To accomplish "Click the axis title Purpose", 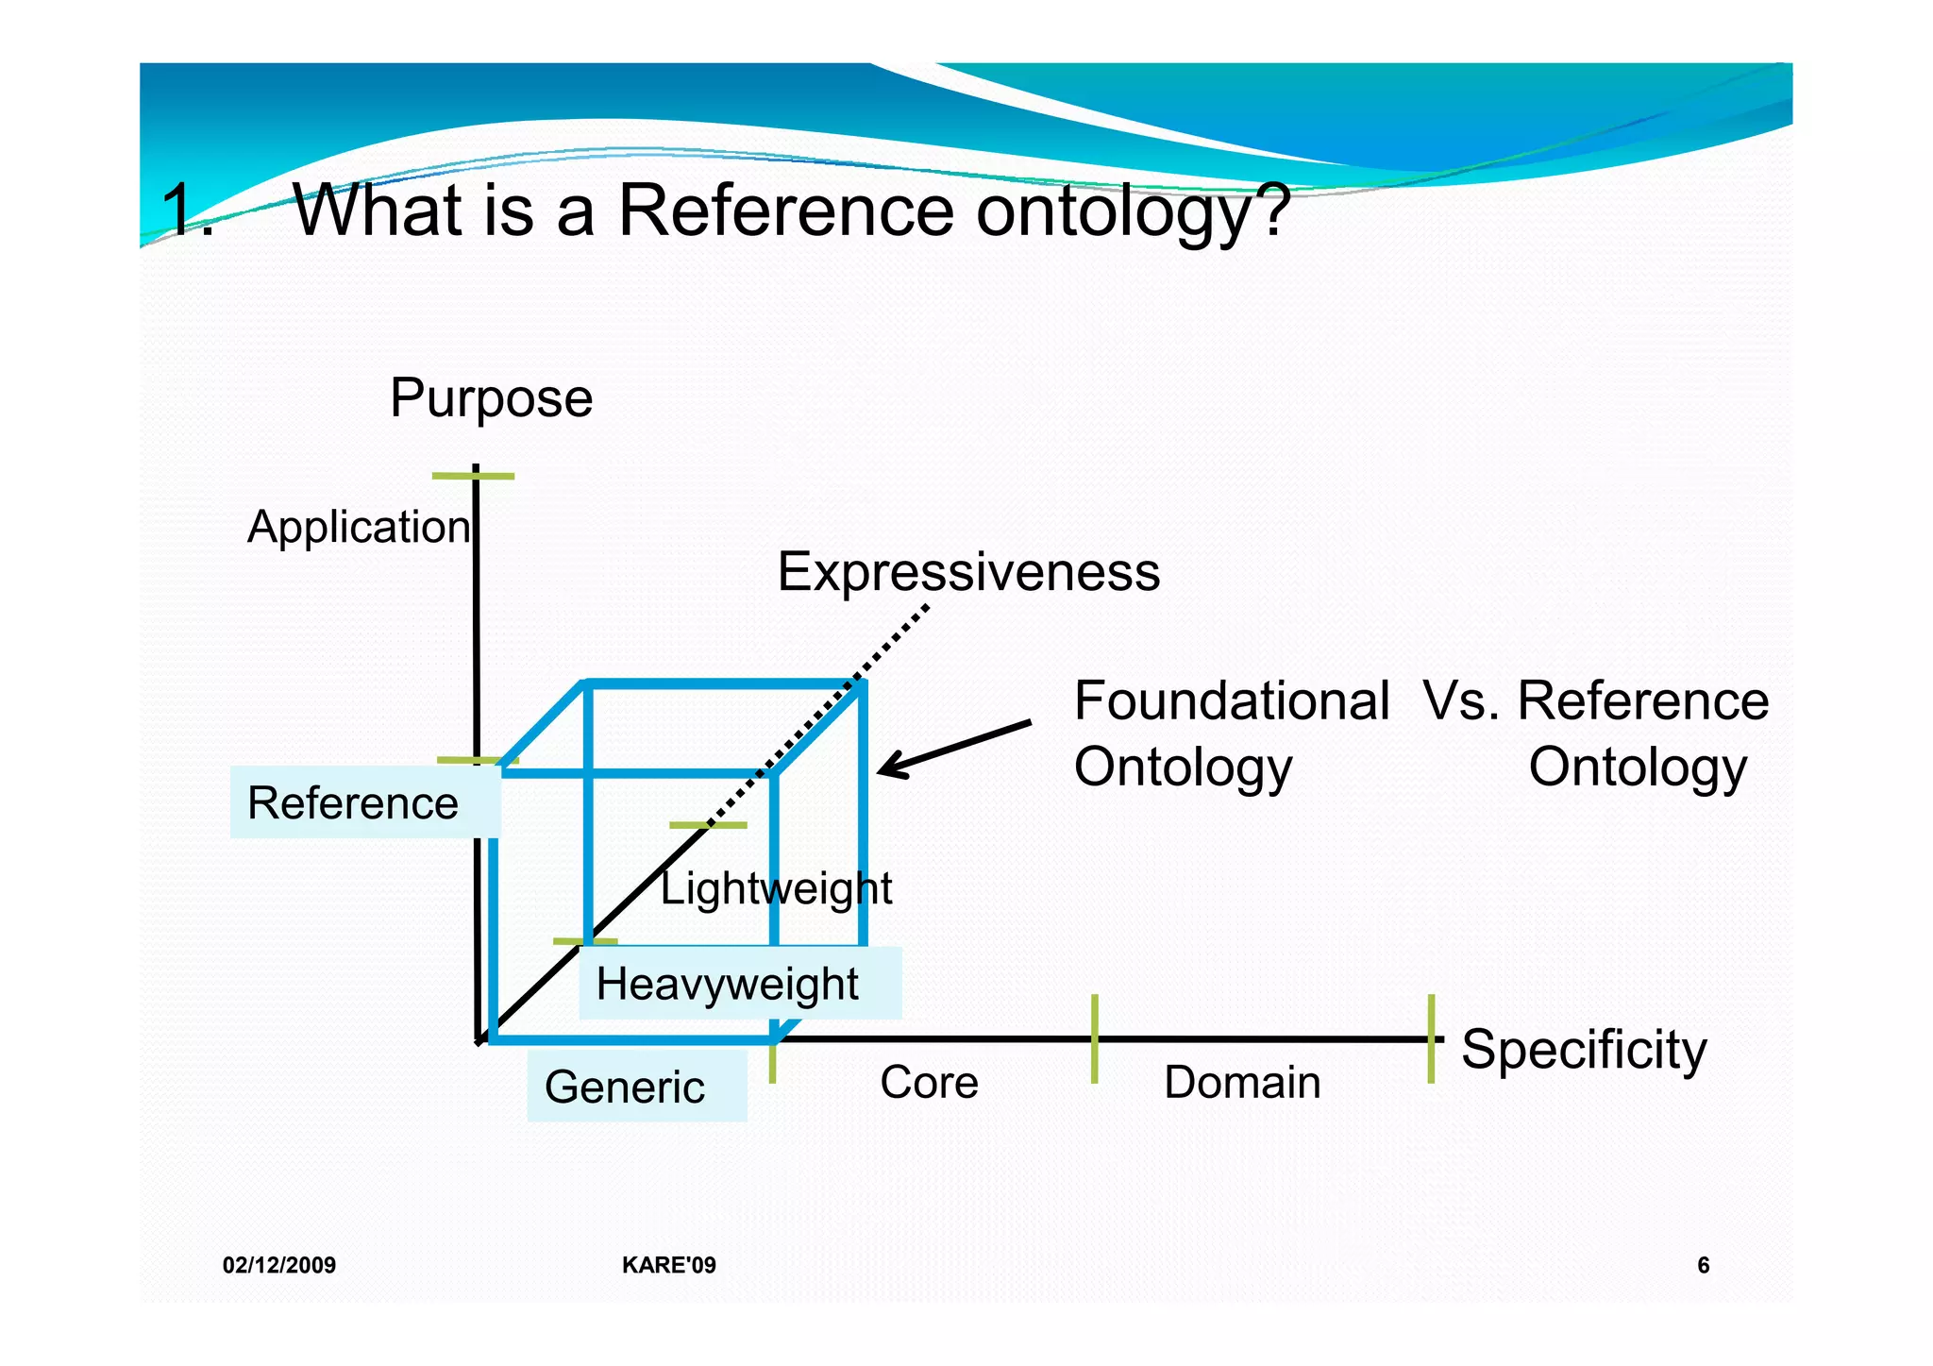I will tap(491, 397).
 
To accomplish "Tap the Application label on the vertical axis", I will tap(358, 526).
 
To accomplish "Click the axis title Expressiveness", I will tap(967, 571).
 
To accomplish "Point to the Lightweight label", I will tap(775, 888).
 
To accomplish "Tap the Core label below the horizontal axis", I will tap(929, 1082).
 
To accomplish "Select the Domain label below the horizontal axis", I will tap(1241, 1082).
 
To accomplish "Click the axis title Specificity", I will tap(1584, 1049).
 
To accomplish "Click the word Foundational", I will tap(1231, 701).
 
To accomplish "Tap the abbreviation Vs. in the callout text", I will tap(1460, 701).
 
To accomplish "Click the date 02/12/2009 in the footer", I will tap(279, 1265).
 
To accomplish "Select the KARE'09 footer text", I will tap(668, 1265).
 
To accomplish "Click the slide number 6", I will tap(1703, 1265).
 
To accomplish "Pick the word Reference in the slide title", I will tap(785, 210).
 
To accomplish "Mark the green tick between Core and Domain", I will tap(1094, 1038).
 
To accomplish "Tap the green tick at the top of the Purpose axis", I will tap(473, 476).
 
